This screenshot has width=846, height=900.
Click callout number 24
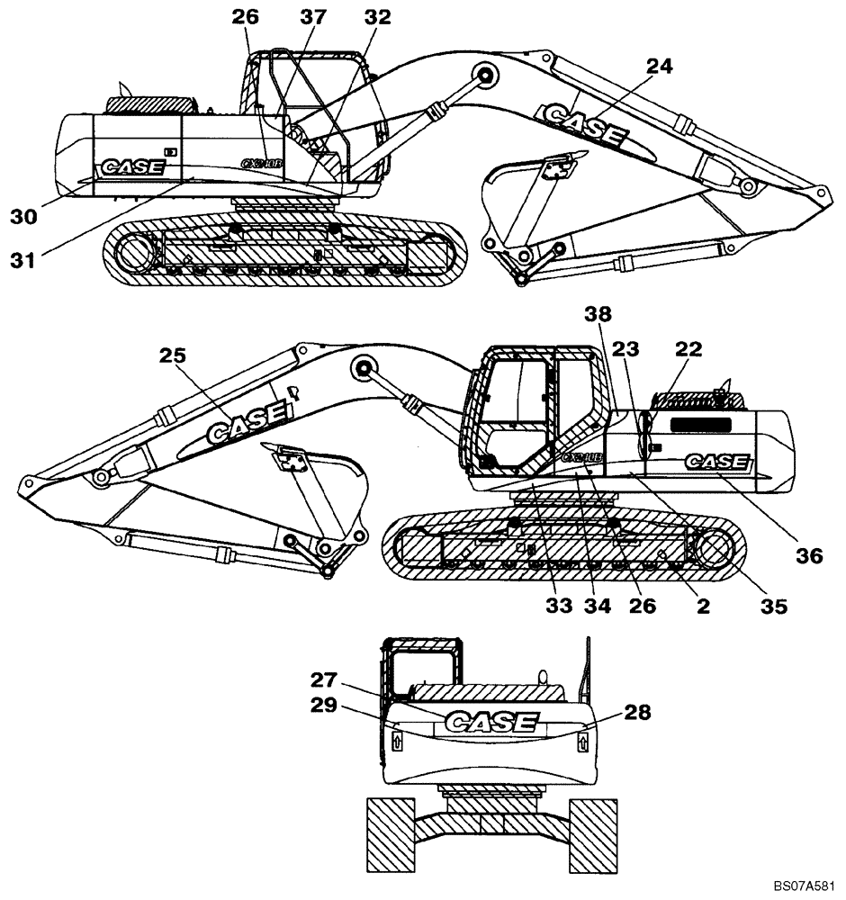click(x=660, y=66)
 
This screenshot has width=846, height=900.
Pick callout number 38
click(x=597, y=314)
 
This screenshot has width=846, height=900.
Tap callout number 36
click(x=810, y=556)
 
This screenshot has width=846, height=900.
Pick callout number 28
click(x=637, y=713)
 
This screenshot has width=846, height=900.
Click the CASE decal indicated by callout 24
click(x=584, y=127)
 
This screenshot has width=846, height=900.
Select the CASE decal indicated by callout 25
click(x=247, y=420)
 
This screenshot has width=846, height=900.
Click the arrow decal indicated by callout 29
click(x=396, y=741)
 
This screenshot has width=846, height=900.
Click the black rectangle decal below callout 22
click(x=705, y=423)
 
